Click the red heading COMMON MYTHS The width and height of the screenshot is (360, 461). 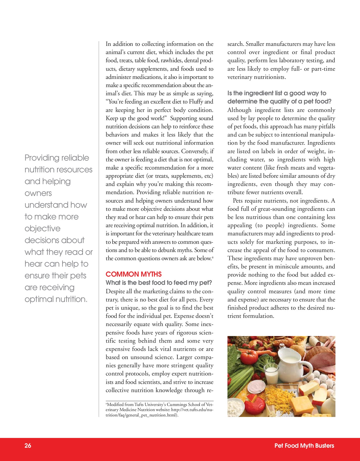click(134, 274)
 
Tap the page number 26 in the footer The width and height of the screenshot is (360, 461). click(28, 446)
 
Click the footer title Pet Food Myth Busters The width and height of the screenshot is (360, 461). click(304, 446)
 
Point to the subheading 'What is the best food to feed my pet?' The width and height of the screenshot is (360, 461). click(159, 283)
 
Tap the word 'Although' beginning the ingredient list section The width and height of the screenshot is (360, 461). click(239, 110)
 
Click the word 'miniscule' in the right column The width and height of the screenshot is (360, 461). click(288, 267)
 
